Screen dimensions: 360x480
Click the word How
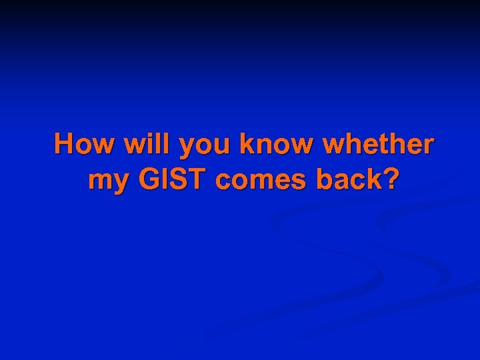click(81, 144)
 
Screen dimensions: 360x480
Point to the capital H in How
click(65, 144)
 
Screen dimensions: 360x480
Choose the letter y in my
click(116, 183)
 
